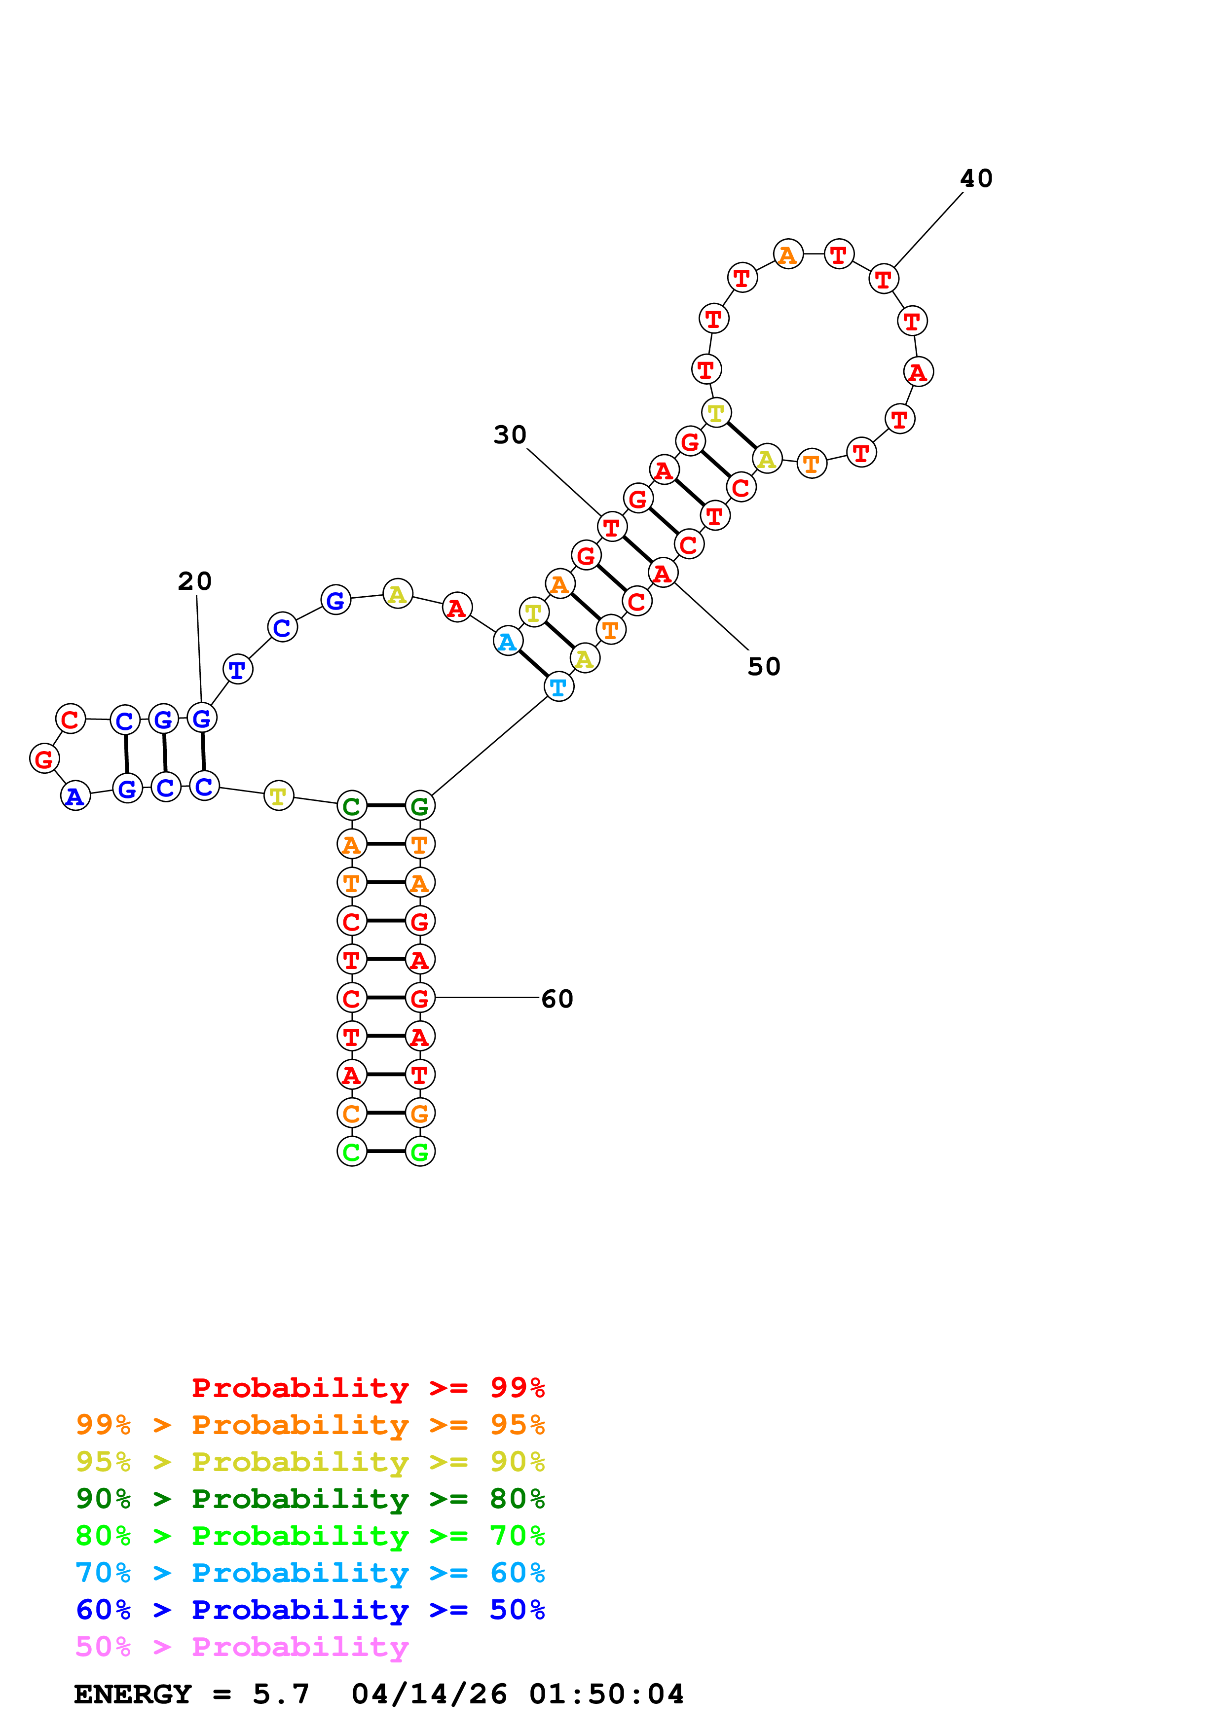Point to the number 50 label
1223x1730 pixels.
pyautogui.click(x=763, y=666)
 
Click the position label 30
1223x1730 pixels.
pyautogui.click(x=510, y=435)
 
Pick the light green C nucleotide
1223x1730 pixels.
pyautogui.click(x=351, y=1152)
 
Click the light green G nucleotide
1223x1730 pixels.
pyautogui.click(x=420, y=1152)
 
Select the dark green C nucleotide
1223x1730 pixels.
pyautogui.click(x=351, y=806)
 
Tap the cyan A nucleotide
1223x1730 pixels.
pyautogui.click(x=508, y=641)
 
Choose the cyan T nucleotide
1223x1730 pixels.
pyautogui.click(x=558, y=686)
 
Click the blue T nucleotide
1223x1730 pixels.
pyautogui.click(x=237, y=669)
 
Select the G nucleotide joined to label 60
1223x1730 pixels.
pyautogui.click(x=420, y=998)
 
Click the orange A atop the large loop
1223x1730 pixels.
pyautogui.click(x=787, y=254)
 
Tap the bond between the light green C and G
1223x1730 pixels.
pyautogui.click(x=386, y=1152)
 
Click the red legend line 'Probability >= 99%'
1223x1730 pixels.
pyautogui.click(x=368, y=1388)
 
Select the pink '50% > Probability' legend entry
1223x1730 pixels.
pyautogui.click(x=241, y=1647)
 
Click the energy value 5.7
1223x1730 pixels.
pyautogui.click(x=280, y=1694)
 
